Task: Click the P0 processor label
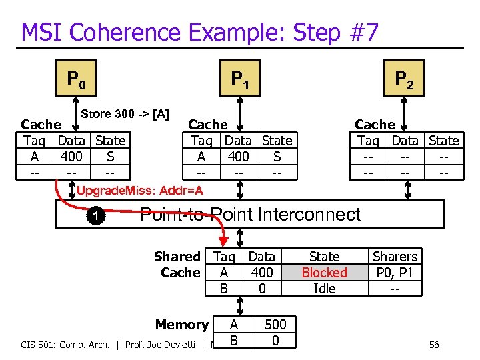[75, 80]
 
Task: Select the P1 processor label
[240, 80]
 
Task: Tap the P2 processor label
[404, 80]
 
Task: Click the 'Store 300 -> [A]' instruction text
[125, 114]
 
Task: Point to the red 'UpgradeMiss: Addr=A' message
[140, 191]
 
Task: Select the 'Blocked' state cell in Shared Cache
[324, 273]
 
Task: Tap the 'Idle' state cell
[324, 289]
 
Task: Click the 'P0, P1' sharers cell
[395, 273]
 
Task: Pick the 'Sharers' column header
[395, 257]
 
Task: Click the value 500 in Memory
[275, 325]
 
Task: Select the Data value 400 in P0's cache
[71, 157]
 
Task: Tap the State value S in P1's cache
[277, 157]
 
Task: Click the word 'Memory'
[181, 325]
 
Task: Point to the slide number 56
[434, 345]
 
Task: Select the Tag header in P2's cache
[368, 141]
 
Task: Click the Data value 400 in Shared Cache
[262, 273]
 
